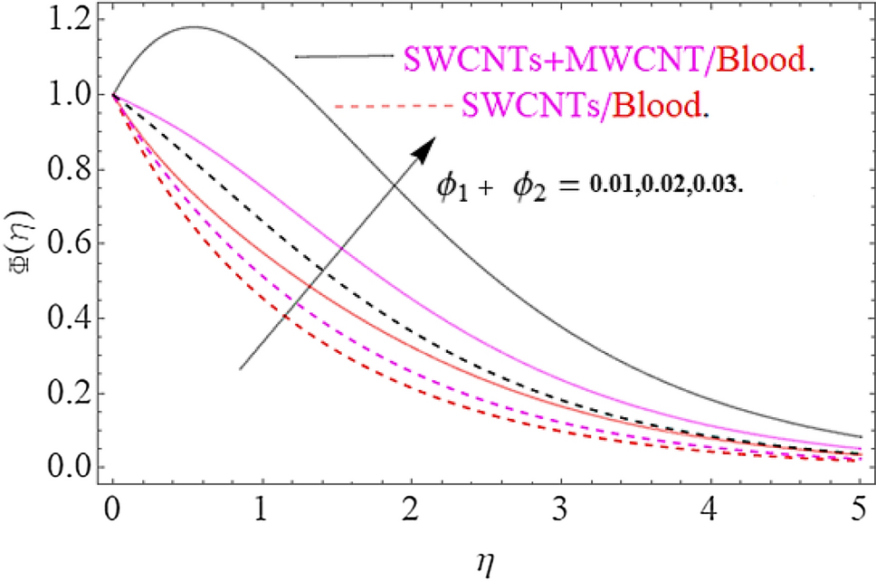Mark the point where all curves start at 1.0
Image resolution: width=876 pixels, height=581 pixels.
coord(113,94)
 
